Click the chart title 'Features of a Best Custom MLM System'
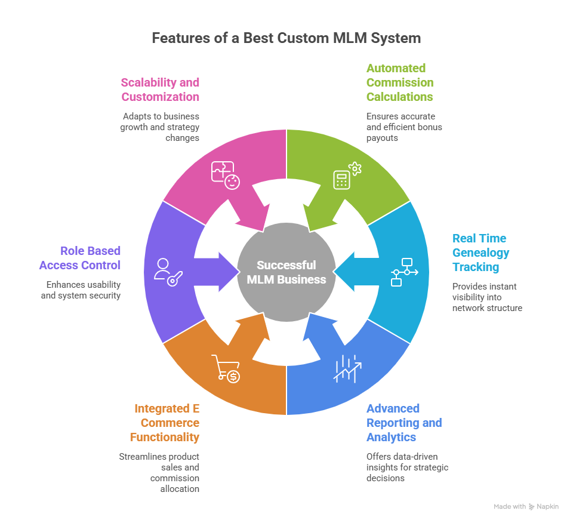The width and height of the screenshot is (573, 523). pyautogui.click(x=286, y=38)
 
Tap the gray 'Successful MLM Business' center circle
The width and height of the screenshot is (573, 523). pyautogui.click(x=286, y=272)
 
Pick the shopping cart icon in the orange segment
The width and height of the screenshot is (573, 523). pyautogui.click(x=226, y=368)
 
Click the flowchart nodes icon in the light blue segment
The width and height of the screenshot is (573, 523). pyautogui.click(x=404, y=272)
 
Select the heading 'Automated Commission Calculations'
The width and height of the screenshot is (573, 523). pyautogui.click(x=400, y=82)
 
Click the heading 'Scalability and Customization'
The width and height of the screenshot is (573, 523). pyautogui.click(x=160, y=90)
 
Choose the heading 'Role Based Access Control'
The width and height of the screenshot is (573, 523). pyautogui.click(x=80, y=258)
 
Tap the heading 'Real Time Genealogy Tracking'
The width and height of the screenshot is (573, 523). pyautogui.click(x=480, y=253)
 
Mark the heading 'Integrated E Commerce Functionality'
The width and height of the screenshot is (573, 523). pyautogui.click(x=165, y=423)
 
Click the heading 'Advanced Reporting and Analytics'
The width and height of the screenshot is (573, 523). pyautogui.click(x=404, y=423)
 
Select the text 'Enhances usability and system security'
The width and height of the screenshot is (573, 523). pyautogui.click(x=81, y=290)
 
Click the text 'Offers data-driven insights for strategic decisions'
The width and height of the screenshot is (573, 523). pyautogui.click(x=407, y=467)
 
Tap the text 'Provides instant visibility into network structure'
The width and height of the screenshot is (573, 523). pyautogui.click(x=487, y=297)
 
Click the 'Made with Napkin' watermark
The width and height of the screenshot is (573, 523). pyautogui.click(x=526, y=506)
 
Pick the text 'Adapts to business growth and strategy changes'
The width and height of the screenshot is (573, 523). pyautogui.click(x=161, y=127)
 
